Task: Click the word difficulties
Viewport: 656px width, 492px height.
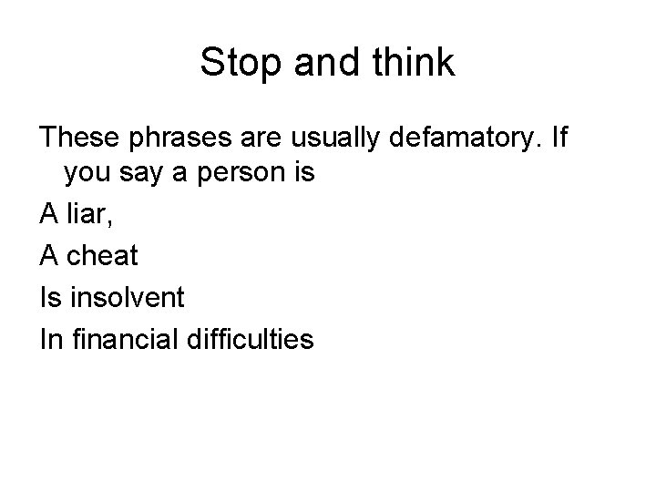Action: click(x=252, y=340)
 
